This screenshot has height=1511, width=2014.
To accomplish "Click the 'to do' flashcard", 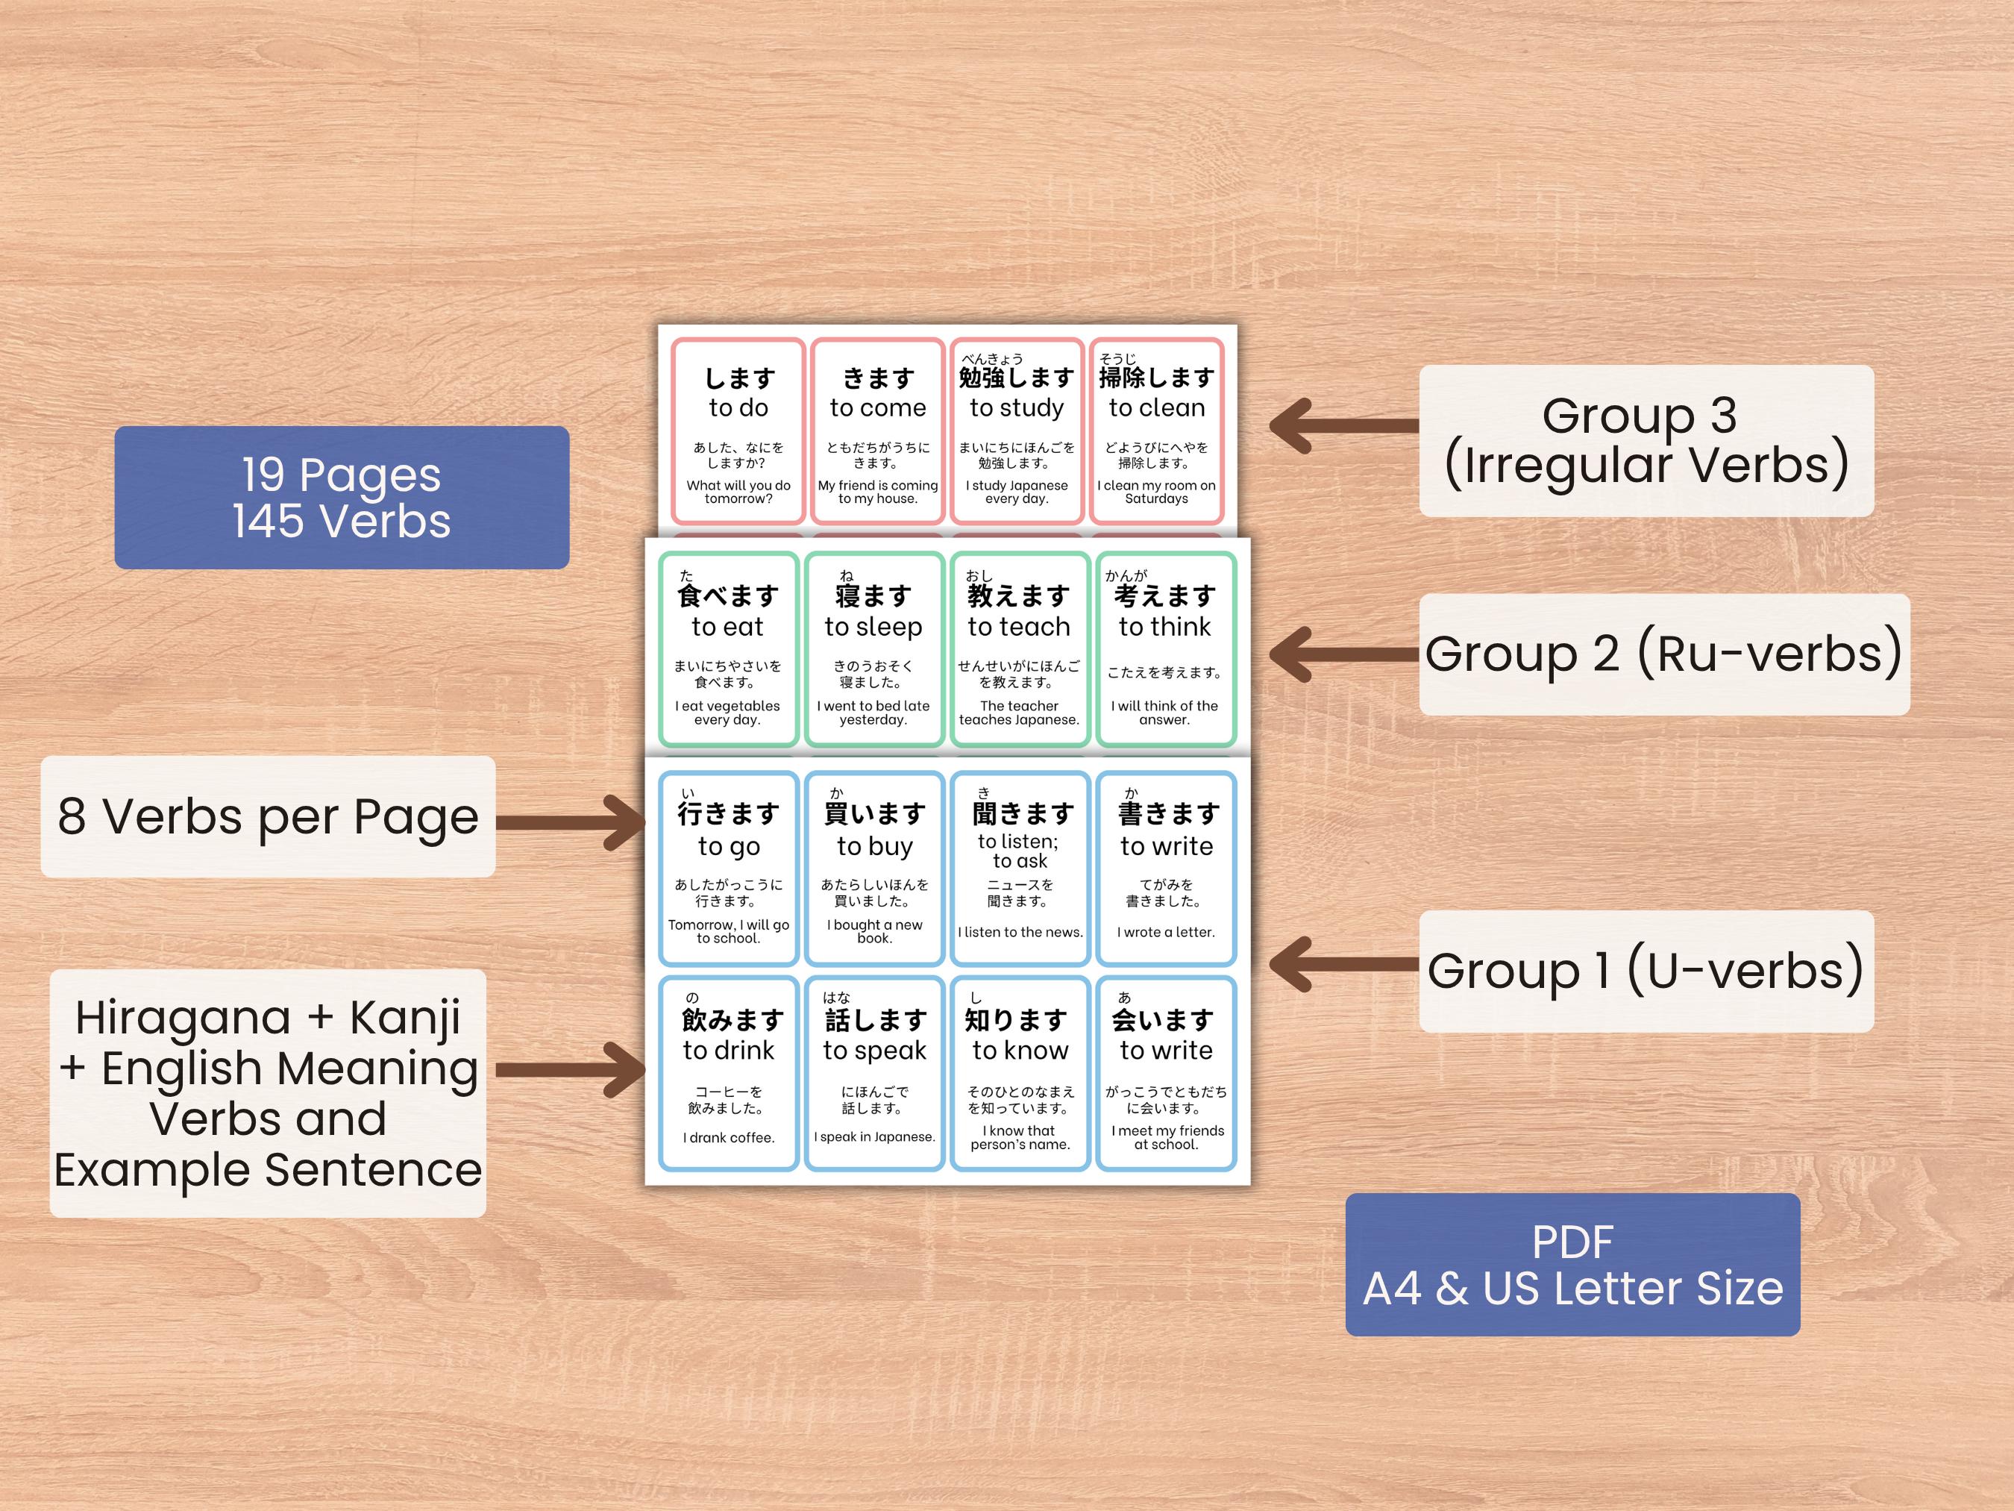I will click(x=738, y=431).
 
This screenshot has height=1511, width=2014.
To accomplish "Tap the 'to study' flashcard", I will click(x=1017, y=431).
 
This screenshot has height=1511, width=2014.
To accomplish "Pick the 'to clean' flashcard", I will click(x=1156, y=431).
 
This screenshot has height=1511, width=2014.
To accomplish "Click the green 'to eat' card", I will click(x=727, y=649).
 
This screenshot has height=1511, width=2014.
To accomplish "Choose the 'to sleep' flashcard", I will click(x=873, y=649).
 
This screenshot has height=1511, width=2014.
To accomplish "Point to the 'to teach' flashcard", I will click(x=1019, y=649).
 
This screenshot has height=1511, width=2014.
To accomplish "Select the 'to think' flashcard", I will click(x=1165, y=649).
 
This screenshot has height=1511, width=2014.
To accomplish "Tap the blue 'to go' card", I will click(x=728, y=868).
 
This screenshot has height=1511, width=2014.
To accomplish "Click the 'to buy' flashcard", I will click(x=874, y=868).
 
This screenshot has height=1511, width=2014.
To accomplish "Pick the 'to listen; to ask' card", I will click(x=1020, y=868).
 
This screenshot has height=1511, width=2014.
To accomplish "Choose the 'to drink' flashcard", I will click(x=728, y=1073).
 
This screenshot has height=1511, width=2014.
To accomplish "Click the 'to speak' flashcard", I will click(x=874, y=1073).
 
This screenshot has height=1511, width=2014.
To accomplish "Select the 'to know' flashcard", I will click(x=1020, y=1073).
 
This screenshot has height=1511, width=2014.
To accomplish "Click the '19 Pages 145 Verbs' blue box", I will click(x=342, y=497).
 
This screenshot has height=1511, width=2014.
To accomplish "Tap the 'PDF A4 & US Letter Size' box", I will click(x=1572, y=1264).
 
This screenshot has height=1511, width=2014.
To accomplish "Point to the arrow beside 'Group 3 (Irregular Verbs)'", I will click(x=1343, y=425).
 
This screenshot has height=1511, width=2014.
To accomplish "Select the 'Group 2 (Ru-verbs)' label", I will click(x=1663, y=654).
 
